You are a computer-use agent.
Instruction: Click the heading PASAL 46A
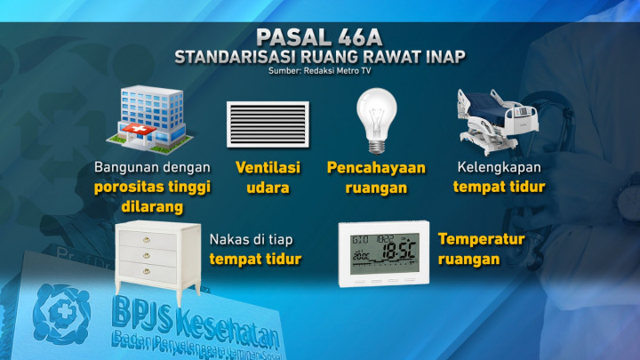pos(319,37)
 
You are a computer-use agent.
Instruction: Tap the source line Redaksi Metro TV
pos(320,73)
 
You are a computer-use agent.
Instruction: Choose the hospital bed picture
pos(499,121)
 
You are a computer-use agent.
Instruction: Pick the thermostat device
pos(384,253)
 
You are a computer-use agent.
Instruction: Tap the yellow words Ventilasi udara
pos(268,177)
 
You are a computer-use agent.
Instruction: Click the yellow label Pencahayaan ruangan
pos(376,177)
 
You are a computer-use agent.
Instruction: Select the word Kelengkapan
pos(499,167)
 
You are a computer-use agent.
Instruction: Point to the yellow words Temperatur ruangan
pos(480,250)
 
